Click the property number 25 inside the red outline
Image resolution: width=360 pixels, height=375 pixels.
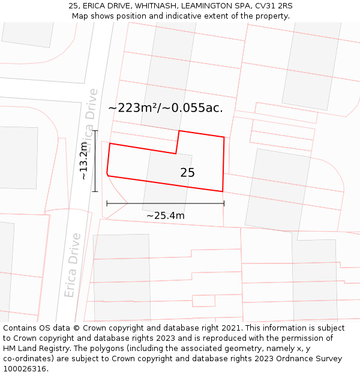point(187,173)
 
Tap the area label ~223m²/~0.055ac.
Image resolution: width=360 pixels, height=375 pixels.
point(166,108)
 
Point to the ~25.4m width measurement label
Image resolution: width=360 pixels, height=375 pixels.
point(165,215)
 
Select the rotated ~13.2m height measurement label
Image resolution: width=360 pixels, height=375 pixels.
point(84,160)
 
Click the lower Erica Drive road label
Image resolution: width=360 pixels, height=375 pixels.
point(73,265)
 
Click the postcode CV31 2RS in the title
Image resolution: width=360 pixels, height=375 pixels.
point(274,5)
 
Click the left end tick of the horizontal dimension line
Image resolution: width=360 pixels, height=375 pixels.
point(107,203)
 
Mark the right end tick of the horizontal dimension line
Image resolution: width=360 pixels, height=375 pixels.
point(224,203)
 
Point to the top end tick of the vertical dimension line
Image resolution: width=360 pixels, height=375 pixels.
point(95,130)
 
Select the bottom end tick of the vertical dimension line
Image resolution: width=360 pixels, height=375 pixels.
point(95,191)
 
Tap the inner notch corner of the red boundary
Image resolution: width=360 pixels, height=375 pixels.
point(176,154)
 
